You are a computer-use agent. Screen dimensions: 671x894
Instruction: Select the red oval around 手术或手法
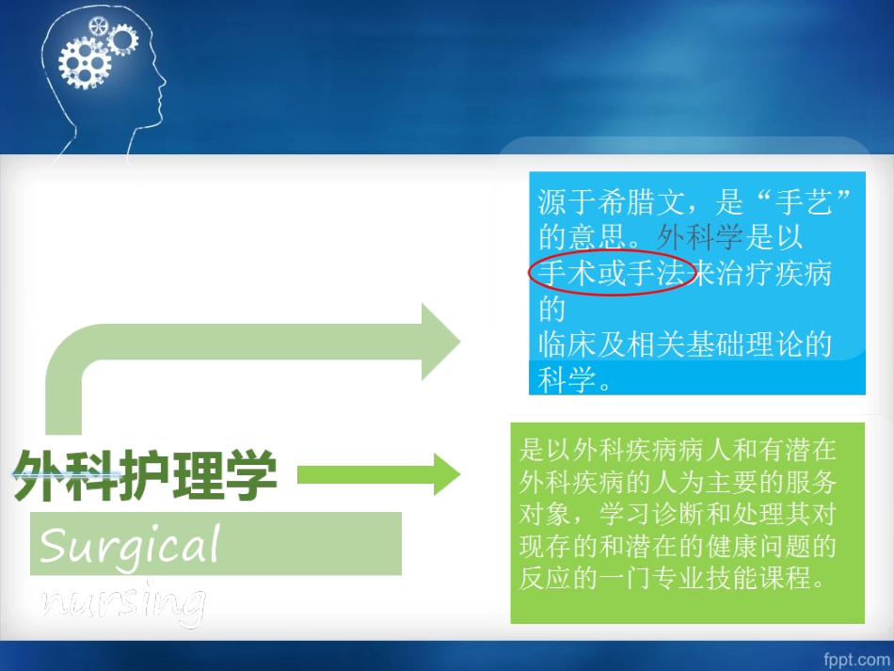(611, 274)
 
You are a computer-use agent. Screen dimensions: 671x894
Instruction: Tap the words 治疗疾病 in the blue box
(775, 274)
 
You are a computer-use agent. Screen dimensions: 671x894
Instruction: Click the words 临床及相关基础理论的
(685, 343)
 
